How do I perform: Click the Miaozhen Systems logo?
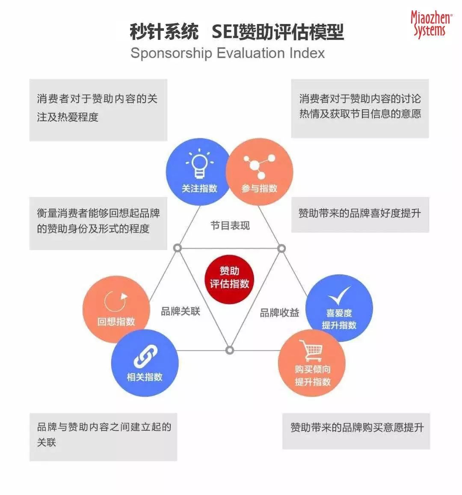[431, 24]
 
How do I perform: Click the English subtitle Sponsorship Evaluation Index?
[227, 53]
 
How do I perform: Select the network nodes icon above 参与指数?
[259, 166]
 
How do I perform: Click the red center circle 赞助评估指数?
[229, 277]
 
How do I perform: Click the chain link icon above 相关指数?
[145, 357]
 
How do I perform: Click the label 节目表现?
[230, 226]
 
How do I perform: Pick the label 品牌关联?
[181, 311]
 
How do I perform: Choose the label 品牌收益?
[280, 313]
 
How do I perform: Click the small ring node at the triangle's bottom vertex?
[230, 350]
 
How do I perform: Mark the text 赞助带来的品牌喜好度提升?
[359, 213]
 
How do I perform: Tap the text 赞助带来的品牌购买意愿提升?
[357, 427]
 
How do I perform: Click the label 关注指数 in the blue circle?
[199, 188]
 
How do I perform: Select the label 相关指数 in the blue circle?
[145, 377]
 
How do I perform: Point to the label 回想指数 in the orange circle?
[116, 322]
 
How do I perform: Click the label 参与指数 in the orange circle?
[259, 188]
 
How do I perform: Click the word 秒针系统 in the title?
[164, 32]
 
